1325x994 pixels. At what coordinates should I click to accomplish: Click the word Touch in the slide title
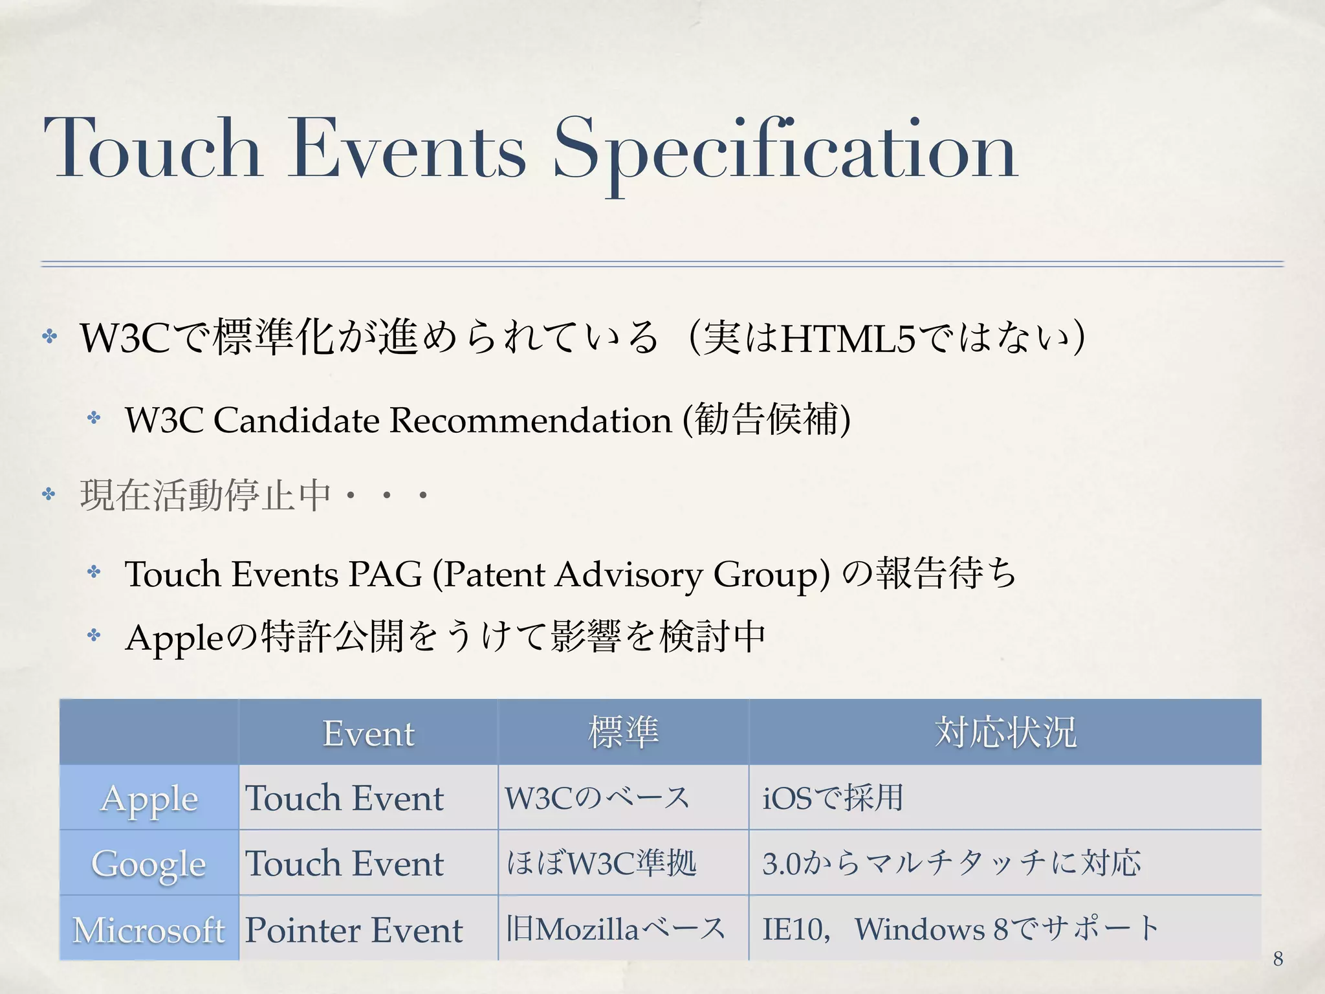(153, 149)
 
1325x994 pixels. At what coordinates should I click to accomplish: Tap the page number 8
(1278, 958)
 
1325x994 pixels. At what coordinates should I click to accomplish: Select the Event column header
(368, 733)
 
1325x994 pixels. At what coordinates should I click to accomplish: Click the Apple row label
(149, 798)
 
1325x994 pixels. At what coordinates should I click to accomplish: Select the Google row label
(149, 863)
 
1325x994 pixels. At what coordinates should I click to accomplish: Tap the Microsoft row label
(149, 929)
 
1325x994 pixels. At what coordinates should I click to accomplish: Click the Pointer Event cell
(354, 930)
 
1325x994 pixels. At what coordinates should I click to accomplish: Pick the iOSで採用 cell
(833, 797)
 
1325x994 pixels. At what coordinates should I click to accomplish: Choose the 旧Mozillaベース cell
(615, 929)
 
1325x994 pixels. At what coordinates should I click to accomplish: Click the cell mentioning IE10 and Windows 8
(961, 929)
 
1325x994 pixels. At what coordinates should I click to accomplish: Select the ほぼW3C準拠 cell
(602, 863)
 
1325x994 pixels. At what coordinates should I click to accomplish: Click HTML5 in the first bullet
(848, 338)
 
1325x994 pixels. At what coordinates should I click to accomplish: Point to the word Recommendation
(531, 420)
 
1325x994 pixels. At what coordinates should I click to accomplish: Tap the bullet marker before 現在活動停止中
(49, 495)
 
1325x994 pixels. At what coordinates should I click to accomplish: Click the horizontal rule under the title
(662, 263)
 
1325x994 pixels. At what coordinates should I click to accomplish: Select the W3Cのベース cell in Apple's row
(597, 797)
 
